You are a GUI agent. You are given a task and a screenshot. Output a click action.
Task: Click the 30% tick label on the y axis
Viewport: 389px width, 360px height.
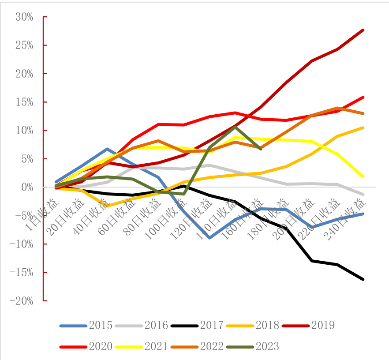pyautogui.click(x=24, y=17)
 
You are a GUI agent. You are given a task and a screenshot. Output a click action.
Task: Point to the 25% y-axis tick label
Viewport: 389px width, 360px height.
pyautogui.click(x=24, y=45)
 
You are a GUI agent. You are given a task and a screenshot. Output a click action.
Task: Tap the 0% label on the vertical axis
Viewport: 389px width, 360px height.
pyautogui.click(x=27, y=187)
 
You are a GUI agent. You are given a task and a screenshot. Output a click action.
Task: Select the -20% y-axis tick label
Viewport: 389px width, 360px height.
pyautogui.click(x=22, y=301)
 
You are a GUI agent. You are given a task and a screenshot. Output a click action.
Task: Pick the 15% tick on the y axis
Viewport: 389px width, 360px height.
pyautogui.click(x=24, y=102)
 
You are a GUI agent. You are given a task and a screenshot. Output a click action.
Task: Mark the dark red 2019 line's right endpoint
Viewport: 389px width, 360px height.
pyautogui.click(x=363, y=30)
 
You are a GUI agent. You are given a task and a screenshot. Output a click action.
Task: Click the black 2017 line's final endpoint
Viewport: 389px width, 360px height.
pyautogui.click(x=363, y=279)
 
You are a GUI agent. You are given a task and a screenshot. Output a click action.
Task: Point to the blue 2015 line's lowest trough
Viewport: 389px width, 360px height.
pyautogui.click(x=210, y=238)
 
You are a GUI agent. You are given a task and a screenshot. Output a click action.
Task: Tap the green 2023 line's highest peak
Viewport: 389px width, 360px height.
pyautogui.click(x=236, y=127)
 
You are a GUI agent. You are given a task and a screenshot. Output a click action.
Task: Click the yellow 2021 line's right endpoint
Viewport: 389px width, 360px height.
pyautogui.click(x=363, y=176)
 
